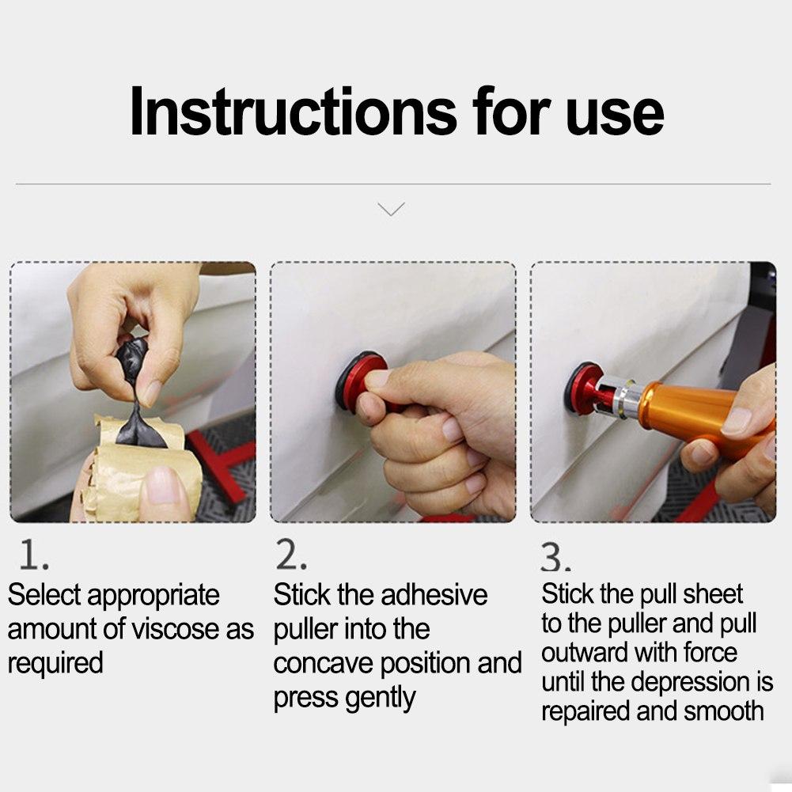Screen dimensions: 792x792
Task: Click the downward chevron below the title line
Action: (x=392, y=209)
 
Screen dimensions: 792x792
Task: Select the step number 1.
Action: (x=34, y=555)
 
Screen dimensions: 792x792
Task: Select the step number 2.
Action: (x=291, y=555)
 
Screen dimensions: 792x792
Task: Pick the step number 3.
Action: (x=555, y=558)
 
